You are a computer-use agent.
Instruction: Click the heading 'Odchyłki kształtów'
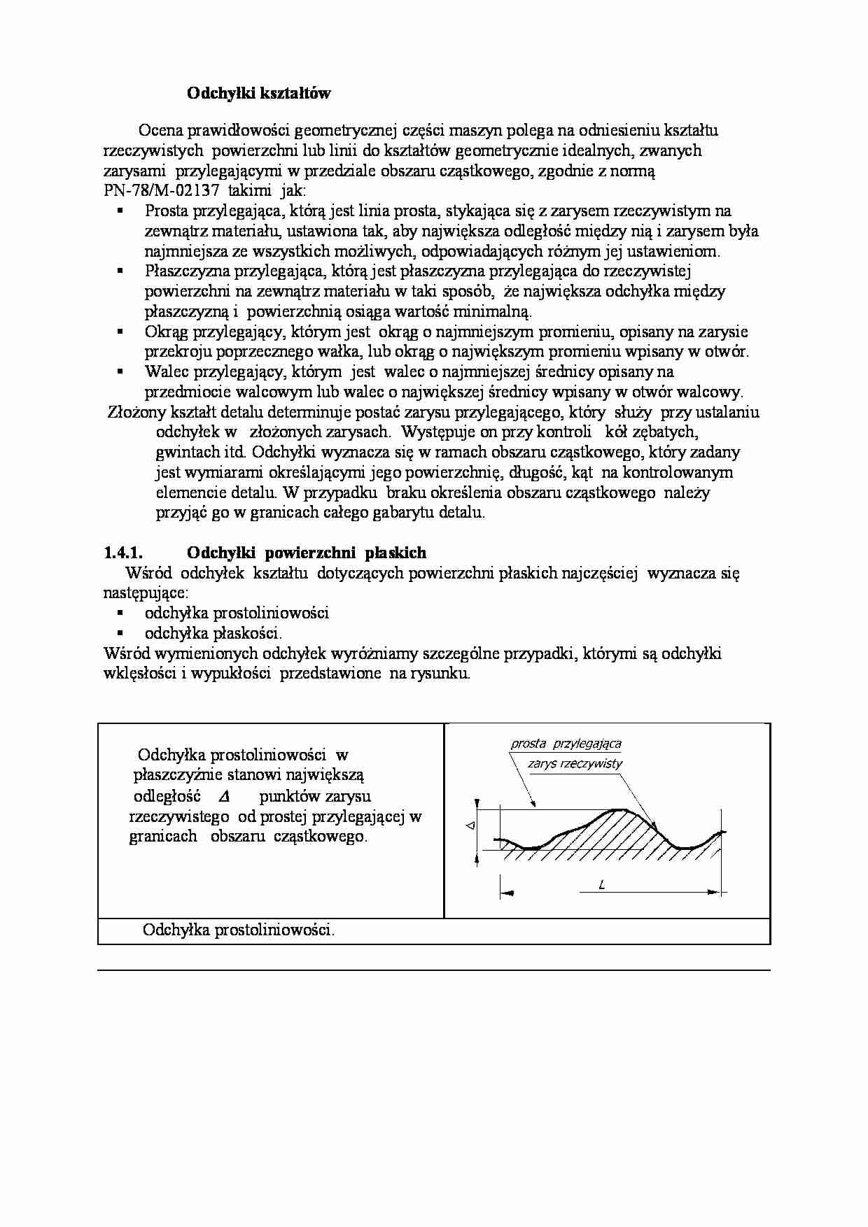click(x=258, y=94)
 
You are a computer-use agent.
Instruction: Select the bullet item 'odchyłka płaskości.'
click(x=213, y=634)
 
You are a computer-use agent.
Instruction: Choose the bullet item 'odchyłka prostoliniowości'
click(x=237, y=613)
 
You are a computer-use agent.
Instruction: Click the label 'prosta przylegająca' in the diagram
click(x=566, y=744)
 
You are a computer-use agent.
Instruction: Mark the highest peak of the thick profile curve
click(x=619, y=809)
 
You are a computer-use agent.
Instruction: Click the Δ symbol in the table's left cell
click(x=224, y=796)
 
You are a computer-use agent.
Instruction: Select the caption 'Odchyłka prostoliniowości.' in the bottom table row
click(x=238, y=930)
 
